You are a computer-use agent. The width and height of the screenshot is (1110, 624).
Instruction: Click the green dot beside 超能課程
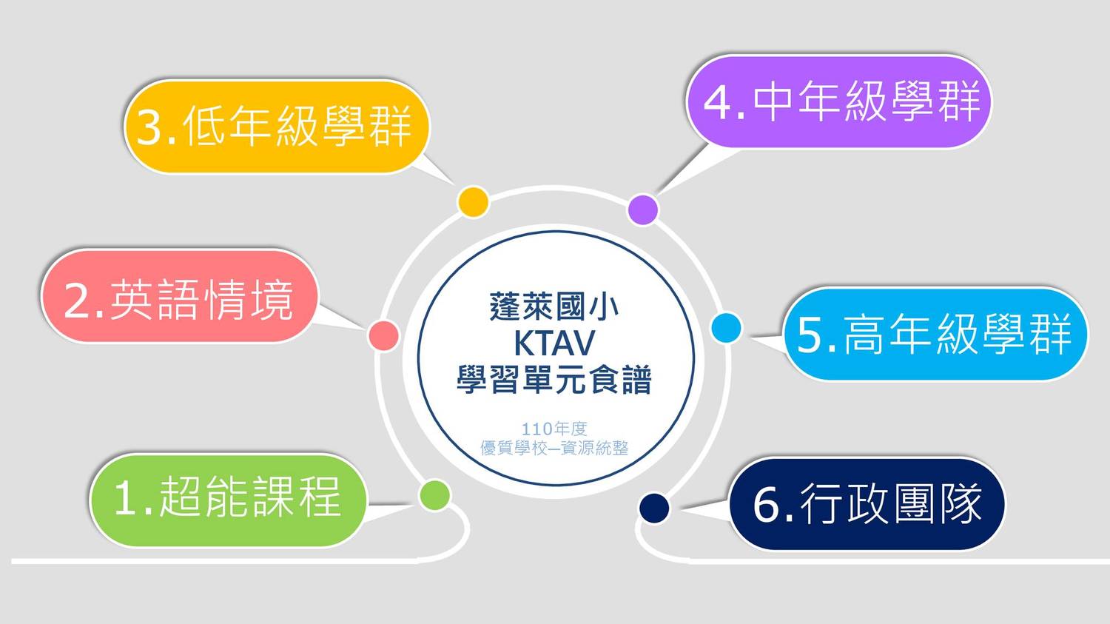pos(434,495)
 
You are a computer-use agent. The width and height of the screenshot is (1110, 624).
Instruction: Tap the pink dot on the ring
pos(383,335)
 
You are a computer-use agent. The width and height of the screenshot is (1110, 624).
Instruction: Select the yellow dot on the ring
pos(474,202)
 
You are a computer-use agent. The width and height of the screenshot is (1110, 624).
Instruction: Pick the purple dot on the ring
pos(643,209)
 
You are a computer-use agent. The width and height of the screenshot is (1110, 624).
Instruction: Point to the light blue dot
pos(727,328)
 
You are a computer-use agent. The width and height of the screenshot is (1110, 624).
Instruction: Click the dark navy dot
pos(654,508)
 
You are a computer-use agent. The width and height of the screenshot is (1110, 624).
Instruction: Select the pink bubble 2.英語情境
pos(180,296)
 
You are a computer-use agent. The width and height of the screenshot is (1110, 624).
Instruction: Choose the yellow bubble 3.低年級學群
pos(277,127)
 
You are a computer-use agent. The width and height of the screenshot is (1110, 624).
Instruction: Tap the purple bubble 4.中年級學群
pos(839,101)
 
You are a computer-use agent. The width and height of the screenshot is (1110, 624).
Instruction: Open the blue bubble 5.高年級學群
pos(936,334)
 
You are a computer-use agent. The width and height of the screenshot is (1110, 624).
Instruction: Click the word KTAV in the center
pos(554,343)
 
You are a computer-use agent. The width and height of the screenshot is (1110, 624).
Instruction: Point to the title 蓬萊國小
pos(554,306)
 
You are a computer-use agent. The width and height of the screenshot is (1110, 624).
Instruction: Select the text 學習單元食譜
pos(554,380)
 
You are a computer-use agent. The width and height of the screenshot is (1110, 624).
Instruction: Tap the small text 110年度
pos(554,429)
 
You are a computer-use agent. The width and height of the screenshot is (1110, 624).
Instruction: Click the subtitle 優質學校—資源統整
pos(554,448)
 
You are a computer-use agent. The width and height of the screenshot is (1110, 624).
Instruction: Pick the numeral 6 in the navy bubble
pos(767,505)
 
